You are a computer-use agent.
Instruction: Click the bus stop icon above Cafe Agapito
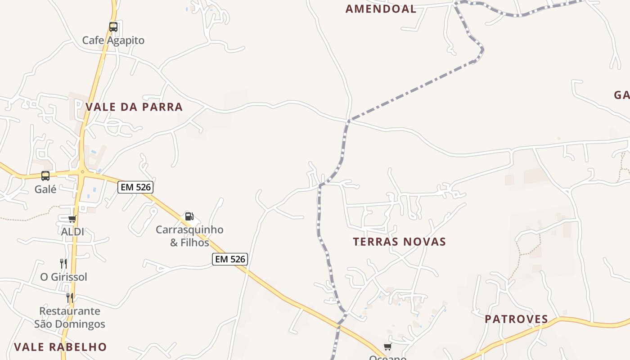(113, 27)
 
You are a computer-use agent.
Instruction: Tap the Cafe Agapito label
(113, 40)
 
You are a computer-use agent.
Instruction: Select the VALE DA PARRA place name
(134, 107)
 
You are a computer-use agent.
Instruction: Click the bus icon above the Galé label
(45, 176)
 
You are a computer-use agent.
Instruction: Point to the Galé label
(45, 189)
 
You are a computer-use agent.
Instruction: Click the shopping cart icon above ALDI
(72, 219)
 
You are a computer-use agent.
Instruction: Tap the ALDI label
(72, 232)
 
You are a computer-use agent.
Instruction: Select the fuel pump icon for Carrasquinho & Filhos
(189, 216)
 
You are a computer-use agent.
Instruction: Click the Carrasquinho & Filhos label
(189, 236)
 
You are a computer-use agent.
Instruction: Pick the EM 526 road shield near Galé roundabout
(135, 187)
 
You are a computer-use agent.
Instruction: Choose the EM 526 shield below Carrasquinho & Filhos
(230, 259)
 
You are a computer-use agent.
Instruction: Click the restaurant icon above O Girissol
(63, 263)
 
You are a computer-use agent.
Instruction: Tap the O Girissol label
(63, 277)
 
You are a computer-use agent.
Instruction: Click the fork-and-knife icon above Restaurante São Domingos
(70, 297)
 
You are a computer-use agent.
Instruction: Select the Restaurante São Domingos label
(70, 317)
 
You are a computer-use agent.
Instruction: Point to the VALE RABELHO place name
(60, 347)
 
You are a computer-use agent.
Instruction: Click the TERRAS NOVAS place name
(399, 242)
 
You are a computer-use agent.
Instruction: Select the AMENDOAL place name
(381, 9)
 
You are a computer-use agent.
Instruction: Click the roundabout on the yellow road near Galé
(82, 171)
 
